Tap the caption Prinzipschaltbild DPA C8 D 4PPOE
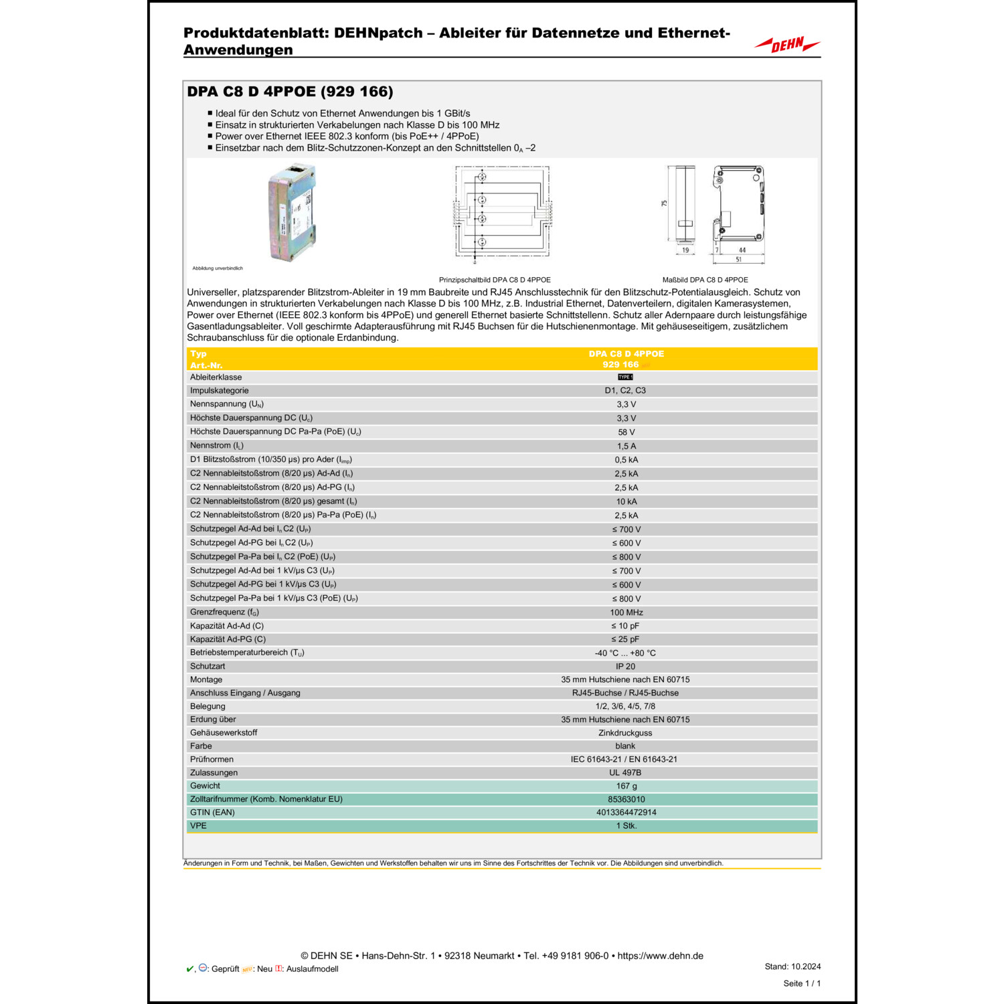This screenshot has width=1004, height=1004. click(x=495, y=280)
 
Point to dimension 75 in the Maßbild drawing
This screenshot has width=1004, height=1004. click(x=664, y=203)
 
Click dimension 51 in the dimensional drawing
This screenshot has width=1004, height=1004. click(x=738, y=259)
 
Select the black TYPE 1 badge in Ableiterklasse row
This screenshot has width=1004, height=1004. click(x=625, y=377)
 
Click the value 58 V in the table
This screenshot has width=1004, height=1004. click(x=626, y=432)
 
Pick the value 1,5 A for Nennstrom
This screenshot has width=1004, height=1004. click(x=626, y=446)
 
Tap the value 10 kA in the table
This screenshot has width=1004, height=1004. click(x=626, y=501)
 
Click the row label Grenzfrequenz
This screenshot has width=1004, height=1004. click(x=224, y=612)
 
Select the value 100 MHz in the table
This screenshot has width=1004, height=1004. click(x=626, y=612)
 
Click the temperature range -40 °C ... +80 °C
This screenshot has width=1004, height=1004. click(x=625, y=653)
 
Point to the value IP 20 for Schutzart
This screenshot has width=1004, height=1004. click(x=625, y=667)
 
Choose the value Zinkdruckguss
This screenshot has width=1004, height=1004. click(x=625, y=733)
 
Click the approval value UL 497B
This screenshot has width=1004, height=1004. click(x=625, y=772)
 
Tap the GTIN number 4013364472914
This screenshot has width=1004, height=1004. click(x=626, y=813)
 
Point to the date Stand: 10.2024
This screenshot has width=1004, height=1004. click(x=792, y=967)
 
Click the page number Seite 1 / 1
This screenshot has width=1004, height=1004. click(x=801, y=983)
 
